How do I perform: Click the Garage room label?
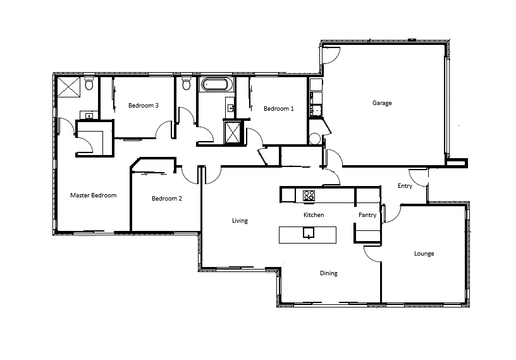point(382,103)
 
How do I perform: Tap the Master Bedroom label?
point(94,196)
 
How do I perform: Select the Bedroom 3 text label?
point(144,106)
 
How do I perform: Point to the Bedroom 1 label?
point(279,109)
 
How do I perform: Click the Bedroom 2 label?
point(167,198)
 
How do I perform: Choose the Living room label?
point(240,221)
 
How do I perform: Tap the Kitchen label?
point(314,214)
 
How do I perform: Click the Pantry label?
point(367,215)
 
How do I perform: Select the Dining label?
point(329,273)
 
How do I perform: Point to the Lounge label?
point(424,254)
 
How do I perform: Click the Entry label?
point(405,186)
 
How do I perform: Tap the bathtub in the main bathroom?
point(214,85)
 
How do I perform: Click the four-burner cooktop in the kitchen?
point(309,196)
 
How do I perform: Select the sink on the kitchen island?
point(309,233)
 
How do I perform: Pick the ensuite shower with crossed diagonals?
point(69,87)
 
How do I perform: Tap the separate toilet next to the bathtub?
point(187,84)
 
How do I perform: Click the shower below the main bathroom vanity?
point(233,132)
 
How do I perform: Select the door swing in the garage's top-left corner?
point(331,55)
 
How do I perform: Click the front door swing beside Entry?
point(418,178)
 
